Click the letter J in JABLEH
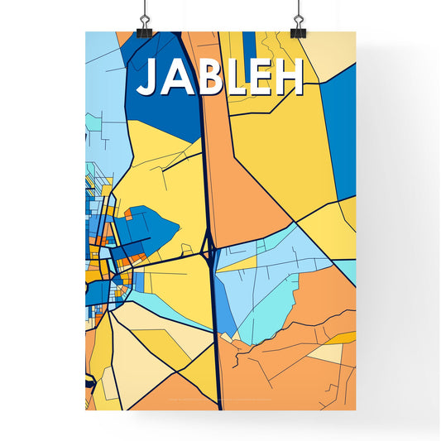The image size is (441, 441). coord(149,78)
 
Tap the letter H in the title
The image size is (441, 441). coord(289,77)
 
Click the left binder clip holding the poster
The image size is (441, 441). coord(146,21)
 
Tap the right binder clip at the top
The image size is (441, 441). coord(297,21)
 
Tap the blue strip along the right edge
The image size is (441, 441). coord(339,124)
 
